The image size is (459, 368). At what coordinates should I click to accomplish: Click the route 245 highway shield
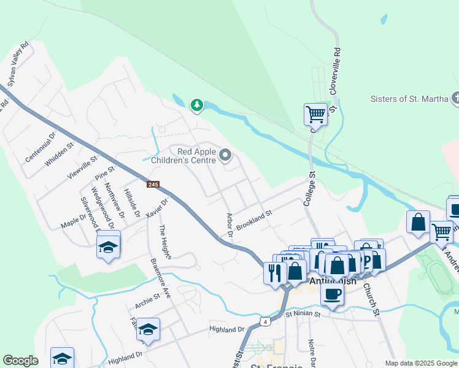click(x=153, y=184)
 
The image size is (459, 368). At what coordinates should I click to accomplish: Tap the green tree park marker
click(x=196, y=105)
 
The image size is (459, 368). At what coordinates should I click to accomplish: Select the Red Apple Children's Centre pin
click(x=225, y=156)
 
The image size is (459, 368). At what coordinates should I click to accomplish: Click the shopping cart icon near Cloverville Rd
click(x=315, y=113)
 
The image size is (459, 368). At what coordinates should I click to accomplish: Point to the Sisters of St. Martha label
click(x=409, y=99)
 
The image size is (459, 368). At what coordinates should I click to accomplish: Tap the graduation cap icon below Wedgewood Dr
click(x=109, y=247)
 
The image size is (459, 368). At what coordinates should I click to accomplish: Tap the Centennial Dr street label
click(x=40, y=147)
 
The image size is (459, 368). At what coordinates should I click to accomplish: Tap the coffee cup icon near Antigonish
click(x=332, y=294)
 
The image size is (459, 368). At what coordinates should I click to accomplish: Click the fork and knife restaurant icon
click(x=274, y=272)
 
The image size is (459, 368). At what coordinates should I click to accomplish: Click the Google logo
click(x=20, y=361)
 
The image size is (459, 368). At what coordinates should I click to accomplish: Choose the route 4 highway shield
click(x=264, y=321)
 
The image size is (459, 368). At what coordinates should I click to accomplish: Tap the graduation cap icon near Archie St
click(x=148, y=330)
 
